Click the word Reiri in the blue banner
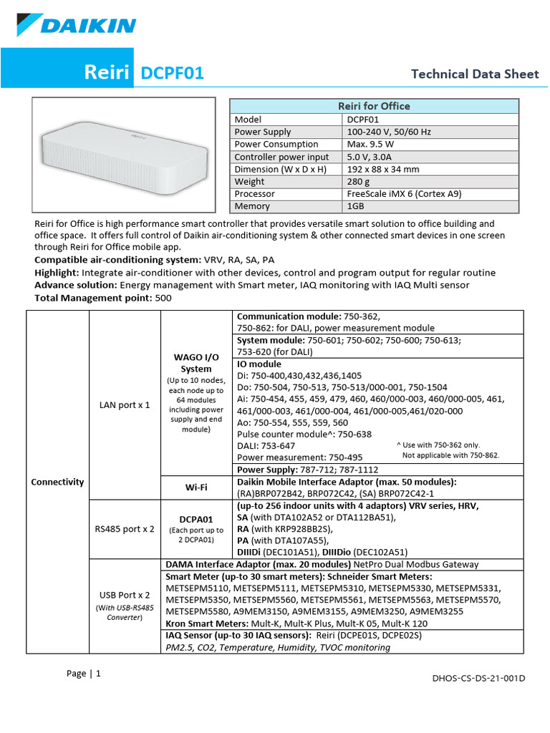point(107,73)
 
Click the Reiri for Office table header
point(374,106)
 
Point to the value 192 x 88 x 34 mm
point(383,169)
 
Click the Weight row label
point(250,181)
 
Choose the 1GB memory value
point(356,206)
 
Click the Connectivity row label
point(57,482)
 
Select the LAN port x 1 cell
point(125,404)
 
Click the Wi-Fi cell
point(196,487)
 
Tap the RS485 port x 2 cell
point(125,529)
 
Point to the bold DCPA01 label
point(196,519)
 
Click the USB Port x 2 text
point(125,594)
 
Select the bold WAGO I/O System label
point(196,363)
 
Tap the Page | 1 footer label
point(84,674)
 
